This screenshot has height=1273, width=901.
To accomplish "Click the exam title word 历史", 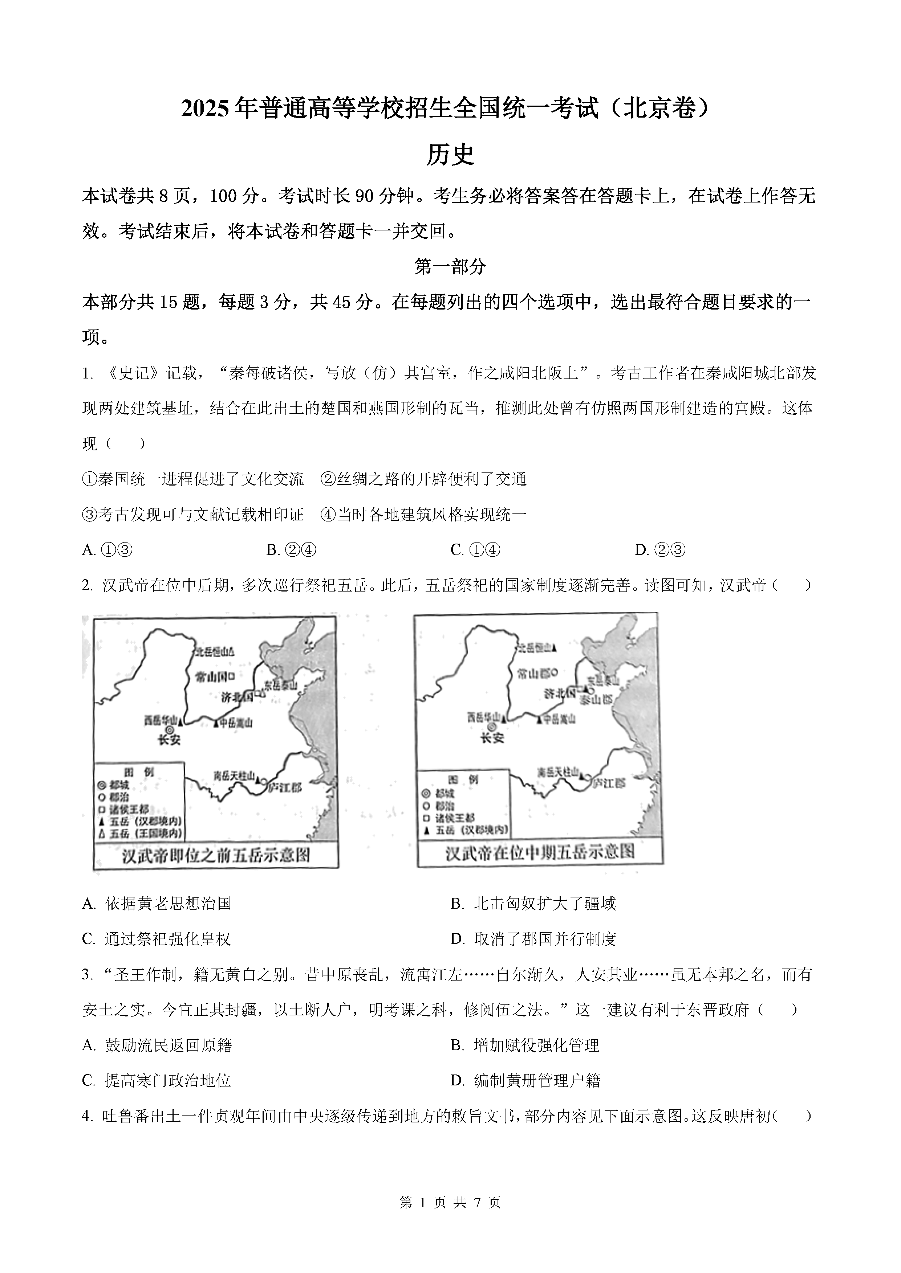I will click(x=450, y=155).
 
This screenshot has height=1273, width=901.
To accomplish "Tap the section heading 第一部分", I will click(x=450, y=267).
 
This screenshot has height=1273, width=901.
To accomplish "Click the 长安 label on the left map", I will click(x=169, y=740).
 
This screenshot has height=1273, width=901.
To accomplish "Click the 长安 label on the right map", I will click(x=492, y=738).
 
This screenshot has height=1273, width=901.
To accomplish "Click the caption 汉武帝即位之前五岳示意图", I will click(x=216, y=856).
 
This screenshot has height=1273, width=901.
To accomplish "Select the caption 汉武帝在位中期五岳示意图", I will click(x=540, y=852).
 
